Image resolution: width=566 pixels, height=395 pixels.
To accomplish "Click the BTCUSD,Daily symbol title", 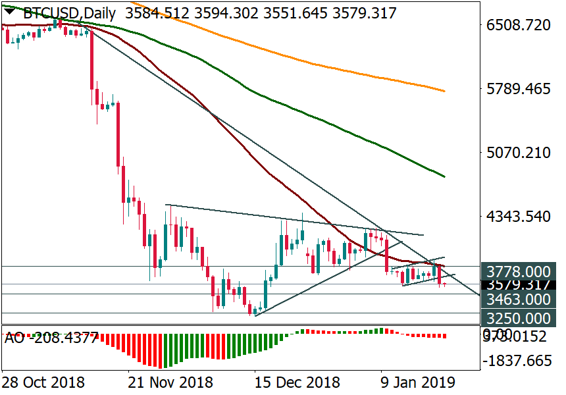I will tap(70, 13).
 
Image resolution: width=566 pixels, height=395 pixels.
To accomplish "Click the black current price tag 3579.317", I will tap(519, 285).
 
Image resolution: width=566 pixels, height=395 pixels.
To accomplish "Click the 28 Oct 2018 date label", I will tap(43, 382).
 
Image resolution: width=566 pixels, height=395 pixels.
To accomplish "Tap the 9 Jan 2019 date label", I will tap(419, 382).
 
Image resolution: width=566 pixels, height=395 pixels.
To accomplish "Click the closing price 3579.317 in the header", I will tap(363, 13).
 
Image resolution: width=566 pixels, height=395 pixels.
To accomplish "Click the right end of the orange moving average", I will tap(445, 91).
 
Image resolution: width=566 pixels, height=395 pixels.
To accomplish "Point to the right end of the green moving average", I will tap(445, 176).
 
